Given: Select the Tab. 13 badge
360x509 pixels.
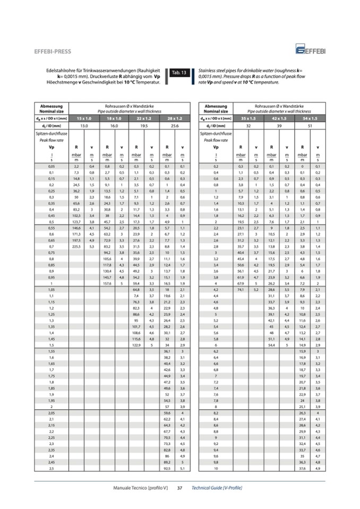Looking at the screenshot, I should tap(179, 72).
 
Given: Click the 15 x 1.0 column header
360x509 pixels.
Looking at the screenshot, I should tap(84, 118).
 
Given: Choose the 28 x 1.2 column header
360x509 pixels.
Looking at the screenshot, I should tap(174, 118).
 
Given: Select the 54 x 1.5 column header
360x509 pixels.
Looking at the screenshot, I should tap(310, 118).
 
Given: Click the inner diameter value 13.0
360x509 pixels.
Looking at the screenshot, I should tap(84, 126).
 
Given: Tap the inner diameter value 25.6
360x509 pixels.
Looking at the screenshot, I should tap(174, 126).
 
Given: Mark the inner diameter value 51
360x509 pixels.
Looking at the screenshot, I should tap(310, 126).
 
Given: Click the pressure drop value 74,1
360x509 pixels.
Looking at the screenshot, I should tap(241, 290).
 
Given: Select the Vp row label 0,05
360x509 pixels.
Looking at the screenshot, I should tap(52, 166).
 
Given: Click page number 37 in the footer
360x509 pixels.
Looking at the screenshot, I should tap(180, 487).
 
